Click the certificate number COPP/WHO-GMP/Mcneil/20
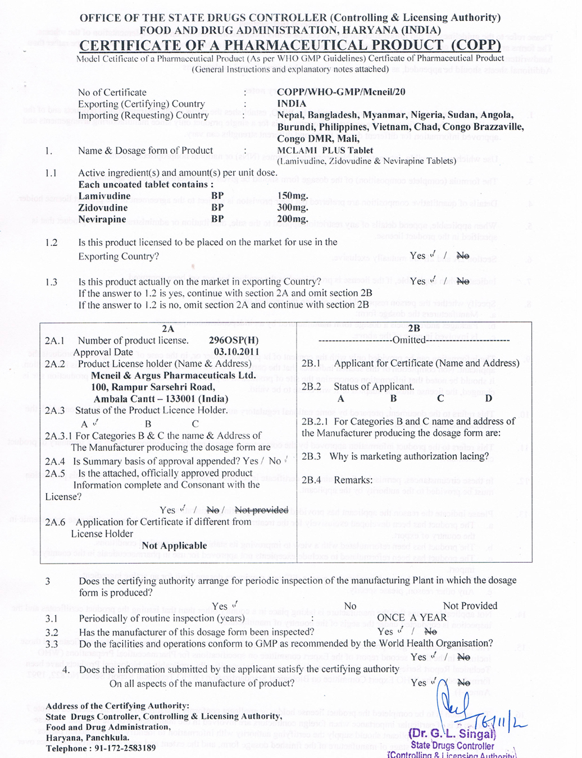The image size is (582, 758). pos(341,92)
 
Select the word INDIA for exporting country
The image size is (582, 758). pos(292,104)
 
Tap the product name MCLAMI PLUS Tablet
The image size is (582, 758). pos(325,150)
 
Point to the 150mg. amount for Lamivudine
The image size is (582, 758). pos(293,196)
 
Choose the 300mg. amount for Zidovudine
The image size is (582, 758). pos(293,208)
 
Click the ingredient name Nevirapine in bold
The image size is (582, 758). pos(102,220)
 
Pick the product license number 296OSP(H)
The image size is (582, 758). pos(234,340)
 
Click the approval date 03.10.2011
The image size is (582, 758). pos(237,352)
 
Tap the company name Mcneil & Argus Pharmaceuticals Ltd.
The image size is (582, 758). pos(174,376)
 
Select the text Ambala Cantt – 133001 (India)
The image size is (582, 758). pos(161,399)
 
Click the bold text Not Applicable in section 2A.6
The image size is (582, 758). pos(174,546)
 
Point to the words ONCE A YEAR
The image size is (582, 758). pos(412,618)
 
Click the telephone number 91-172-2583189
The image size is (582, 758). pos(123,748)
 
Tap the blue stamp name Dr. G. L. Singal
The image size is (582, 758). pos(452,733)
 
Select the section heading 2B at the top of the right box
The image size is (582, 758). pos(414,328)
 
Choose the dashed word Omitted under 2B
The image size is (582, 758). pos(410,340)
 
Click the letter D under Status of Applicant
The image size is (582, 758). pos(489,399)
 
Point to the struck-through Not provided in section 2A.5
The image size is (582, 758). pos(261,510)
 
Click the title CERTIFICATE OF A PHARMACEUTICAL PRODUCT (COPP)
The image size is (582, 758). pos(290,45)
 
